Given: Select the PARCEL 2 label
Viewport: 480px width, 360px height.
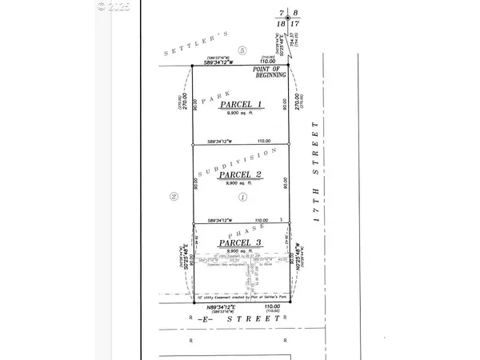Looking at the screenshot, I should (242, 175).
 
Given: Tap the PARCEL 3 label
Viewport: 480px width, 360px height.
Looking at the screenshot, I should (242, 243).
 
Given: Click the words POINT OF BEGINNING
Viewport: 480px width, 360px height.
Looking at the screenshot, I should (270, 74).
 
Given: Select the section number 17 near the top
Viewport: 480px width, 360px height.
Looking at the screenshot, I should (295, 26).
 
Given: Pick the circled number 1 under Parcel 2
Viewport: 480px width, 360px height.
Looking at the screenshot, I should (242, 196).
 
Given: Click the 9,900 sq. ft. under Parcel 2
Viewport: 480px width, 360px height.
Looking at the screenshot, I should (242, 185).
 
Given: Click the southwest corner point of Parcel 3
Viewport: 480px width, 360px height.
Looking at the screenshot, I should (193, 302).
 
